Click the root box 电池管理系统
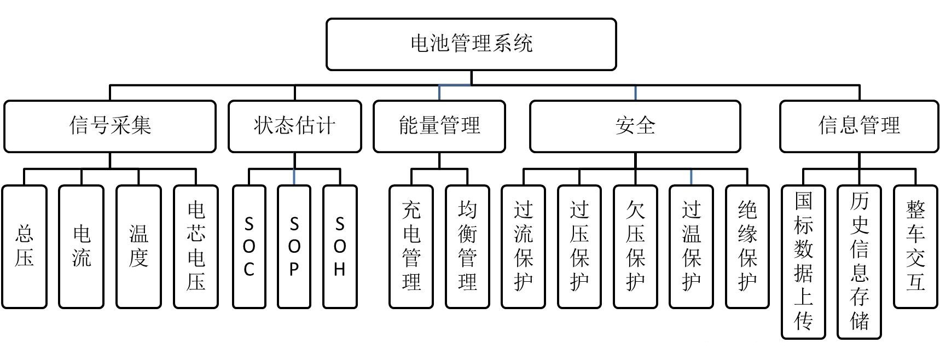click(x=471, y=44)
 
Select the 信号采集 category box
click(x=110, y=126)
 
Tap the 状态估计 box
click(x=294, y=126)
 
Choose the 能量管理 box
click(x=439, y=126)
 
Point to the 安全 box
click(x=635, y=126)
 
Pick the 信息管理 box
click(x=858, y=126)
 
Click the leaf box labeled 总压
click(x=25, y=247)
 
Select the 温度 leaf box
click(x=138, y=247)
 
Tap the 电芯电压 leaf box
click(x=196, y=247)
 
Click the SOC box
click(x=249, y=247)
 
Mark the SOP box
click(x=294, y=247)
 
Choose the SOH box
click(x=340, y=247)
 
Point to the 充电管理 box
click(x=411, y=247)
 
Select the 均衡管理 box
click(x=467, y=247)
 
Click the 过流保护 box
click(x=523, y=247)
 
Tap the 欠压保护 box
click(x=635, y=247)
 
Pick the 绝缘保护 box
click(x=747, y=247)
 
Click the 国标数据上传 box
click(x=803, y=262)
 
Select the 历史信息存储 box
click(x=860, y=262)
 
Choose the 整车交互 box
click(x=915, y=247)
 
